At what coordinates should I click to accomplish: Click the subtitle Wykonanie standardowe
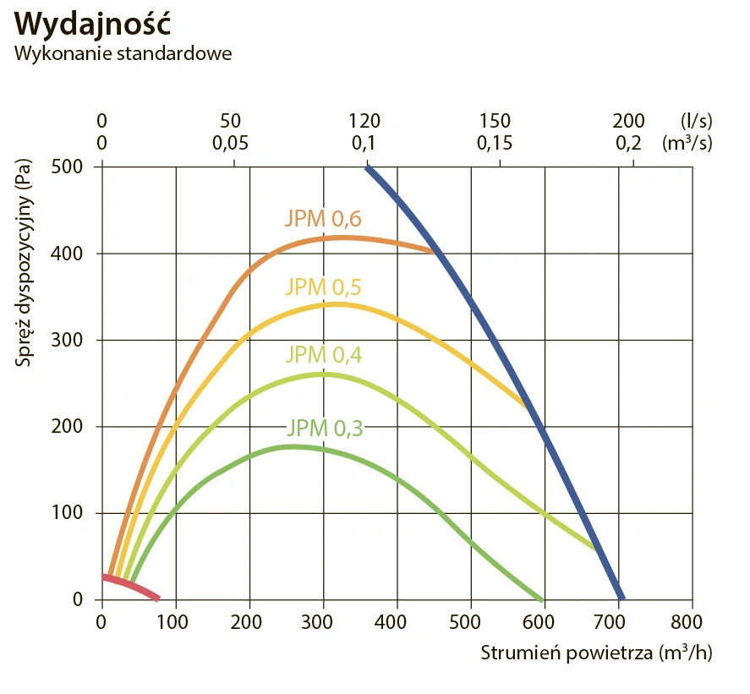click(123, 53)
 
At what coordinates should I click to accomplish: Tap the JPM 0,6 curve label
click(323, 220)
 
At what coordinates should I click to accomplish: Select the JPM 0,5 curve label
click(323, 287)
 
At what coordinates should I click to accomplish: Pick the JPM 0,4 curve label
click(324, 355)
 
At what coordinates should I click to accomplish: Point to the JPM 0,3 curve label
click(325, 429)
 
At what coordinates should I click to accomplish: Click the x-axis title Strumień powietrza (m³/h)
click(597, 653)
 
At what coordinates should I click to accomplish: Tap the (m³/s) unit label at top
click(688, 143)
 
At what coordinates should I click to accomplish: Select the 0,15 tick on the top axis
click(495, 143)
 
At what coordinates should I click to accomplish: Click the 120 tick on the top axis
click(365, 120)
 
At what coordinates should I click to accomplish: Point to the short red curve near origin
click(131, 585)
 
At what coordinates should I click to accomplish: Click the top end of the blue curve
click(370, 169)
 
